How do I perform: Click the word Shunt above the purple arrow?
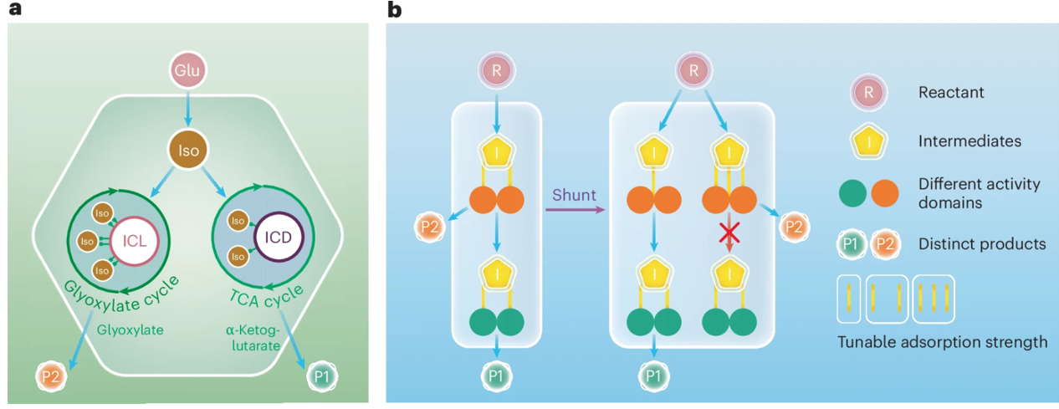click(574, 196)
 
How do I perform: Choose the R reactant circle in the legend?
click(868, 93)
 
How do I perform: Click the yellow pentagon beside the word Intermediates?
click(868, 141)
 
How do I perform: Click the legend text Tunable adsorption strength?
click(943, 341)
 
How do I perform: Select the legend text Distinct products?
click(982, 244)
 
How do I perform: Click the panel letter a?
click(13, 11)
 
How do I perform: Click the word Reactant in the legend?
click(951, 93)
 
